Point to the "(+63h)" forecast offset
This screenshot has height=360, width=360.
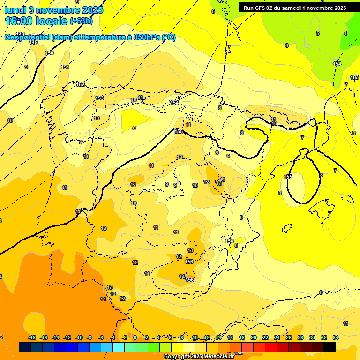pyautogui.click(x=81, y=21)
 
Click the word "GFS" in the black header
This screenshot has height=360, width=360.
pyautogui.click(x=262, y=7)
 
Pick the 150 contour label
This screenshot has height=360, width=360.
pyautogui.click(x=49, y=53)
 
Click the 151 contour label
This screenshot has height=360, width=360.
pyautogui.click(x=65, y=67)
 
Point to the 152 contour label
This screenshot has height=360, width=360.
pyautogui.click(x=81, y=84)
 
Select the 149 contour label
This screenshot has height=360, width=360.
pyautogui.click(x=33, y=42)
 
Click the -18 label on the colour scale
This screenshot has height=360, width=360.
pyautogui.click(x=32, y=337)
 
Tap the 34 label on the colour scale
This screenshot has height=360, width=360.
pyautogui.click(x=336, y=337)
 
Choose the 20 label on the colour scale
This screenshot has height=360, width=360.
pyautogui.click(x=254, y=337)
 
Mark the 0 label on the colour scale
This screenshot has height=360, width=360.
pyautogui.click(x=135, y=337)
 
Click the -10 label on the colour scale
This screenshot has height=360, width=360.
pyautogui.click(x=79, y=337)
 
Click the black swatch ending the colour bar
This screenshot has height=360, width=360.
pyautogui.click(x=329, y=347)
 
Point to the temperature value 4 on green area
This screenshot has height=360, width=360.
pyautogui.click(x=345, y=33)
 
